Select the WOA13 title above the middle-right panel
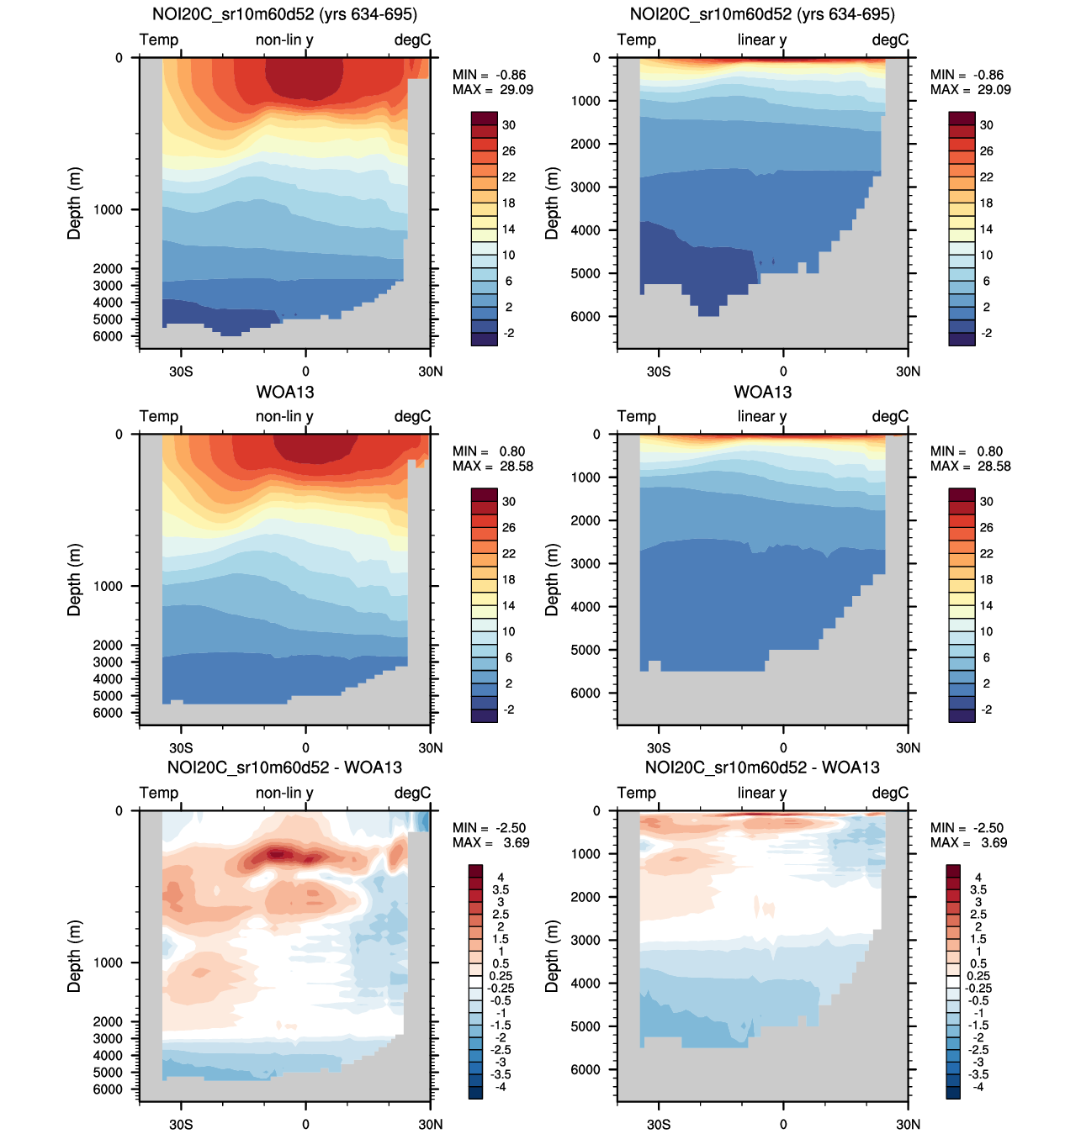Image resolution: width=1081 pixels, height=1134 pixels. [762, 392]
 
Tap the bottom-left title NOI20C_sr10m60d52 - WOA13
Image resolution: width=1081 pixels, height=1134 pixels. [284, 767]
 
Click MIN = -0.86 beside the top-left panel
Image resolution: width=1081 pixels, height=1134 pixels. [489, 75]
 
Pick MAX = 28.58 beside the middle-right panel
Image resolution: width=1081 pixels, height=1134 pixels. [970, 466]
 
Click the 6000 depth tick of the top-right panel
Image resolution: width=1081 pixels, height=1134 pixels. [586, 316]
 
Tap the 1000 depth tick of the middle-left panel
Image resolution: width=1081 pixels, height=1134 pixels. [108, 586]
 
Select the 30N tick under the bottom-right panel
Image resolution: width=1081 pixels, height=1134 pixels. [908, 1124]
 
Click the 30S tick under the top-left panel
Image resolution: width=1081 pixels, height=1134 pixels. [181, 371]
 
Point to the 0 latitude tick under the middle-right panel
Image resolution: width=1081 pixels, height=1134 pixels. [783, 747]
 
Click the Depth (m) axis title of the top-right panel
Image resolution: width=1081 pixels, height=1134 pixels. [552, 203]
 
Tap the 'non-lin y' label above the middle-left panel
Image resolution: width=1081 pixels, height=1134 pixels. [284, 416]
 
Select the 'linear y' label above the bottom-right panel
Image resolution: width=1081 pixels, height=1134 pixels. [762, 793]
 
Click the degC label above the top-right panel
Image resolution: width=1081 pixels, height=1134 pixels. [890, 40]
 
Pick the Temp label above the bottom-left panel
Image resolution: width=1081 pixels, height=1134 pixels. [159, 793]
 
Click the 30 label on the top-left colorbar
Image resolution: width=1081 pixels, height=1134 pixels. [509, 125]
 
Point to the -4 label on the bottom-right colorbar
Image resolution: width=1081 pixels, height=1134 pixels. [978, 1087]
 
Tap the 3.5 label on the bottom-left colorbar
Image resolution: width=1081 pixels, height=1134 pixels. [501, 889]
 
